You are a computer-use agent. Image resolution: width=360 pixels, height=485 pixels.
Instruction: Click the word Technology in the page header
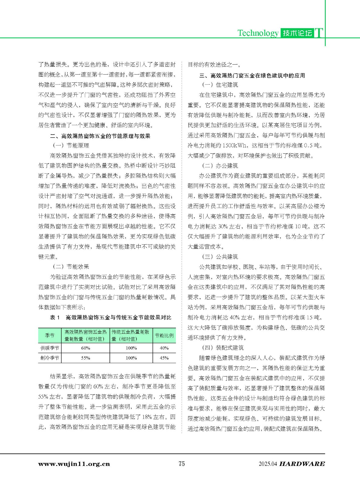click(x=258, y=33)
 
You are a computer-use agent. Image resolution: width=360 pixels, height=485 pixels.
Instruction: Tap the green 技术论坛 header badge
click(x=297, y=33)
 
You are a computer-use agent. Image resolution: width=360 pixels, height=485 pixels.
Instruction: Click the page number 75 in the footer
click(x=182, y=463)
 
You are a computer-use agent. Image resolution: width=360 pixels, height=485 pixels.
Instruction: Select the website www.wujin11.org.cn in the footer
click(x=74, y=464)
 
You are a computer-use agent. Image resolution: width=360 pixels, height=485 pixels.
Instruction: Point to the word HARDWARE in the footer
click(x=302, y=464)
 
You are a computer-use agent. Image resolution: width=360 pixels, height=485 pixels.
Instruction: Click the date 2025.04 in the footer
click(x=268, y=464)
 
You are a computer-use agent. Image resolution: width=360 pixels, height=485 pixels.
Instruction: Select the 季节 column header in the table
click(x=50, y=335)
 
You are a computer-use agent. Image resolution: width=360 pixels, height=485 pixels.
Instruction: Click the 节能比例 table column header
click(x=164, y=335)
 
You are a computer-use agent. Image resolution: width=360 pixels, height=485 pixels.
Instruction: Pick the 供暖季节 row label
click(x=50, y=348)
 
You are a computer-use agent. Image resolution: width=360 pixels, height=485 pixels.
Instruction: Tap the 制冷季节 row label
click(x=50, y=358)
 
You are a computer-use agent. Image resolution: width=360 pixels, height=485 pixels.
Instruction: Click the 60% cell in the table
click(x=86, y=348)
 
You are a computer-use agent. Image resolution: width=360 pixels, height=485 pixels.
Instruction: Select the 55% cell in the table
click(x=86, y=358)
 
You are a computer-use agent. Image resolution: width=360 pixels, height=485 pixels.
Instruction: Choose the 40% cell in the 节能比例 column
click(x=164, y=348)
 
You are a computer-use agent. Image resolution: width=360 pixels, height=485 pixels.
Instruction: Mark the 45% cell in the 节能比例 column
click(x=164, y=358)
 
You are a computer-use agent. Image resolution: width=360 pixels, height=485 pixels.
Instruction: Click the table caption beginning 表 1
click(x=110, y=317)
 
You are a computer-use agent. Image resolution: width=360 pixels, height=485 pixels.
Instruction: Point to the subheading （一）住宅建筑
click(x=220, y=85)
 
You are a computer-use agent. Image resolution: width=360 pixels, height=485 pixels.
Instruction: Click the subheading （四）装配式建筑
click(x=223, y=348)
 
